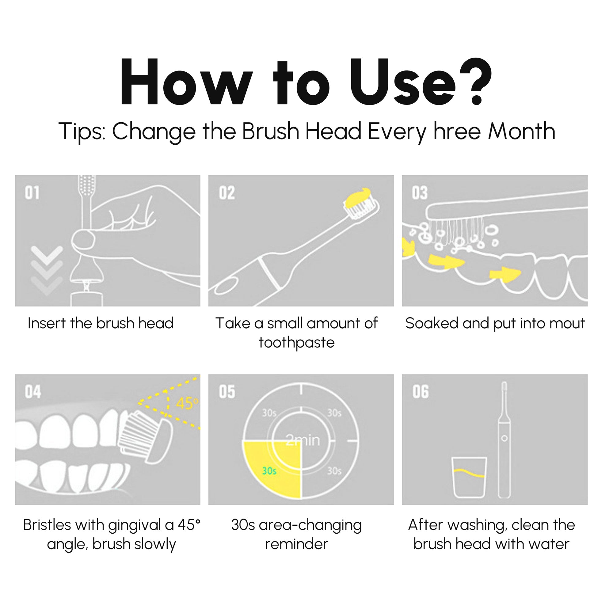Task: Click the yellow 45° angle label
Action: (x=187, y=404)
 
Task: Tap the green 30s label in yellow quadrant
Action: (x=269, y=471)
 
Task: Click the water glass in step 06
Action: (x=469, y=477)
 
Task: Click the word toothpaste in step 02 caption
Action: (x=296, y=343)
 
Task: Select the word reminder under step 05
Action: (x=296, y=544)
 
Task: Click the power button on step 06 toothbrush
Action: (x=504, y=438)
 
